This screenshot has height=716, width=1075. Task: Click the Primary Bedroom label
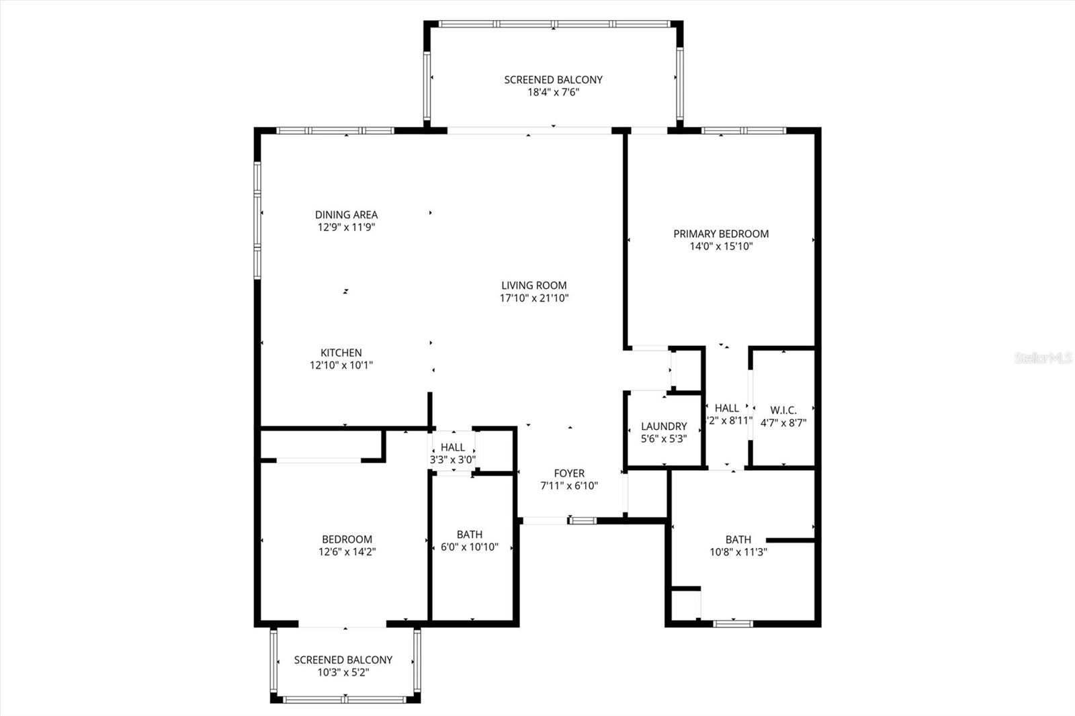click(721, 234)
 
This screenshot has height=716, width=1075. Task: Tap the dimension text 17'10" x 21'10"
click(534, 298)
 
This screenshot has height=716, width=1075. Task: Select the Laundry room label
click(664, 426)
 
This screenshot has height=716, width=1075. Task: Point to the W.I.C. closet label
click(783, 410)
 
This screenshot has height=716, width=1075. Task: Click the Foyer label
click(569, 473)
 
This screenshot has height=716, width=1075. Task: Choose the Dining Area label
click(346, 214)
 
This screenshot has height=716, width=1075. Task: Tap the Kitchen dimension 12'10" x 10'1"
click(341, 365)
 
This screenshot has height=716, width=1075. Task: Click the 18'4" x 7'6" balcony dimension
click(553, 93)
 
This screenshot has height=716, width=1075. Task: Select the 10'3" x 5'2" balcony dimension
click(343, 672)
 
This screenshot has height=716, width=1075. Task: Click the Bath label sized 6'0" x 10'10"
click(469, 535)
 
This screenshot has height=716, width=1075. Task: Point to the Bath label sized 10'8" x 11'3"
click(738, 539)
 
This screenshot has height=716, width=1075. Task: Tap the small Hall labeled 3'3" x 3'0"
click(453, 447)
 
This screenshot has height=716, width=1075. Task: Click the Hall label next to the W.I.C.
click(727, 408)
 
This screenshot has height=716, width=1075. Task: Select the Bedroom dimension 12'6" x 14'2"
click(347, 552)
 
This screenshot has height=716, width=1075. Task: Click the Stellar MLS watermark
click(1043, 358)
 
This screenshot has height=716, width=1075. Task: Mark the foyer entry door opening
click(545, 520)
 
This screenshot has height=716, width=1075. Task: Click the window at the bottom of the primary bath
click(733, 623)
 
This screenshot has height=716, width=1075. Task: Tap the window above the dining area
click(335, 130)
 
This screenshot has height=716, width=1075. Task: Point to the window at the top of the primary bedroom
click(744, 130)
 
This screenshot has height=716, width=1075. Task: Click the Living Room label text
click(534, 285)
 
